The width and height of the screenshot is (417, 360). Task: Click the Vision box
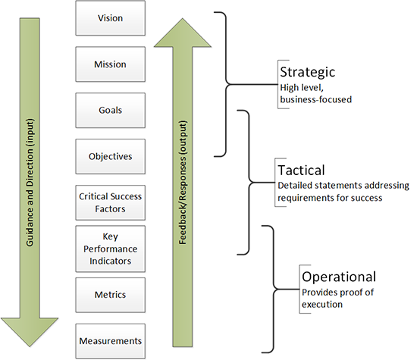111,17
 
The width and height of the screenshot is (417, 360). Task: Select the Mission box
111,64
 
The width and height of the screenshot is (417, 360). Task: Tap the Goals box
111,111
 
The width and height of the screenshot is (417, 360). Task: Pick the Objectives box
111,157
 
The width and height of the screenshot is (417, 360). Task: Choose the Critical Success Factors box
111,202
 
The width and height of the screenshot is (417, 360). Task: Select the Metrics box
111,294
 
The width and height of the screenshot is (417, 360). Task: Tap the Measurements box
111,340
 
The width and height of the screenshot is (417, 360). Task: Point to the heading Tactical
302,171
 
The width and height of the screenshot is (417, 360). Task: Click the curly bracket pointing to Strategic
227,80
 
